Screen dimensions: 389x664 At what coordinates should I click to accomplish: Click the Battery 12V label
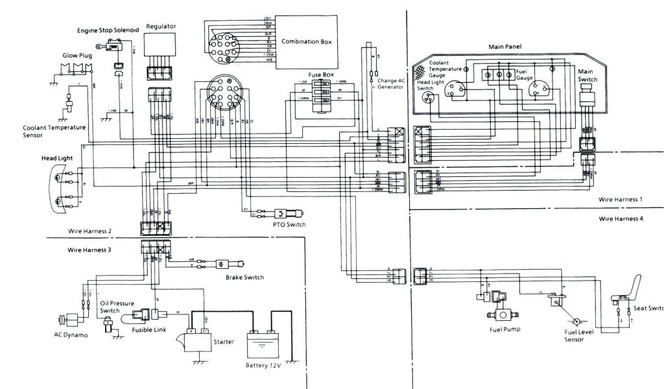[x=265, y=365]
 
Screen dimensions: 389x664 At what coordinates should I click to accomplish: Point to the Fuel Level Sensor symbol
[x=574, y=320]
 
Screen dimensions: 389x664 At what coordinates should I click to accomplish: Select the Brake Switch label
[x=244, y=277]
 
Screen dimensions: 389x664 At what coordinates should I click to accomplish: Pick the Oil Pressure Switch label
[x=114, y=306]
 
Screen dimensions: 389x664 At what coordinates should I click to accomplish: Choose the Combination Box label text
[x=306, y=41]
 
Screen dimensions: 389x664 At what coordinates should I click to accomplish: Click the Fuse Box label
[x=320, y=75]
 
